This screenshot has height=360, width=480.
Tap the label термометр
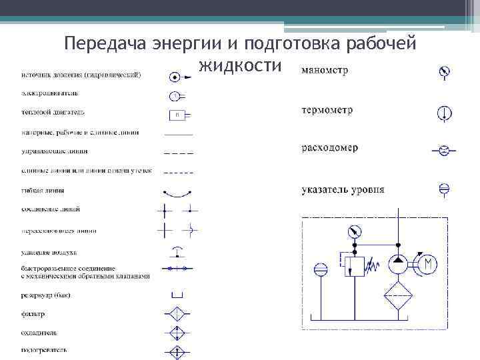[x=327, y=109]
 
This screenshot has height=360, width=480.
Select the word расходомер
[x=329, y=148]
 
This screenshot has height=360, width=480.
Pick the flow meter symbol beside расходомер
[x=443, y=151]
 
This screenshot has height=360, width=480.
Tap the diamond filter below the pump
[x=399, y=297]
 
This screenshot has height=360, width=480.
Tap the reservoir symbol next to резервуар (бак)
[x=177, y=294]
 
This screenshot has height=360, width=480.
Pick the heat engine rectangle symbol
[x=177, y=114]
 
